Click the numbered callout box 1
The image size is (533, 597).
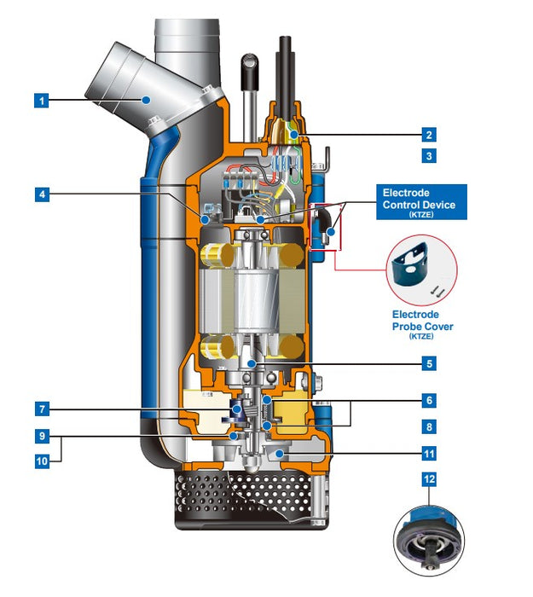coord(40,100)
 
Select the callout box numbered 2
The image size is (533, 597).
coord(429,134)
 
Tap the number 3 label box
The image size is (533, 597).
coord(429,155)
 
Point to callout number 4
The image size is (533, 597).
coord(40,194)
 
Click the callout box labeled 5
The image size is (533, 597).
coord(429,363)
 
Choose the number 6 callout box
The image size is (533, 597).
coord(429,399)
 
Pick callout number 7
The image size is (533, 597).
coord(40,409)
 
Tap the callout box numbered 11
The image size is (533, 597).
coord(429,454)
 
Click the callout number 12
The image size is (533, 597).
coord(429,479)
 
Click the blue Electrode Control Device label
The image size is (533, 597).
coord(422,202)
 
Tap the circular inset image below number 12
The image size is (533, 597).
coord(429,537)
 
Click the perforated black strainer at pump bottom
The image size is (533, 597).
coord(247,495)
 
